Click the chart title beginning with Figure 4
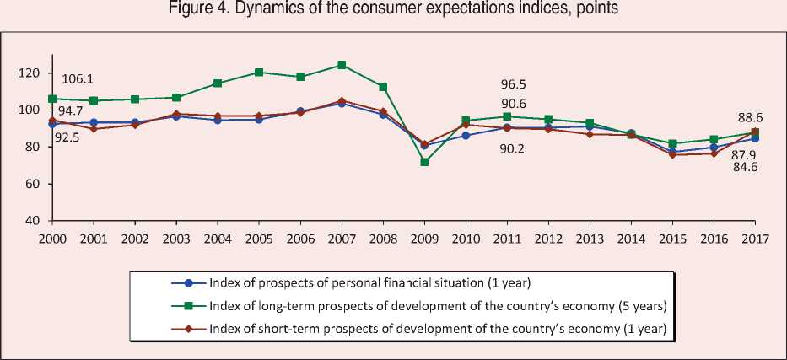(393, 10)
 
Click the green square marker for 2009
(424, 161)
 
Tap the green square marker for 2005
(259, 73)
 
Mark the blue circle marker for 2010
(466, 135)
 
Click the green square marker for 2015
(672, 143)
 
